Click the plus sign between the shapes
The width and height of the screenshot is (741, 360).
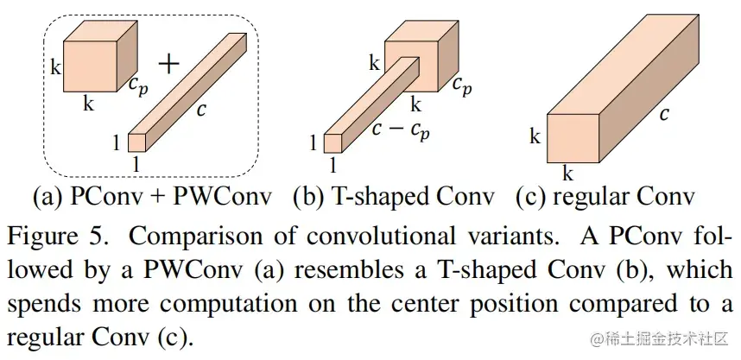[170, 62]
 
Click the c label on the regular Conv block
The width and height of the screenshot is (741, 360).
[662, 114]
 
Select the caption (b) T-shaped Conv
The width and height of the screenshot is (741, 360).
[394, 198]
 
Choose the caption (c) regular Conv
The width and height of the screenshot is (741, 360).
[605, 198]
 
